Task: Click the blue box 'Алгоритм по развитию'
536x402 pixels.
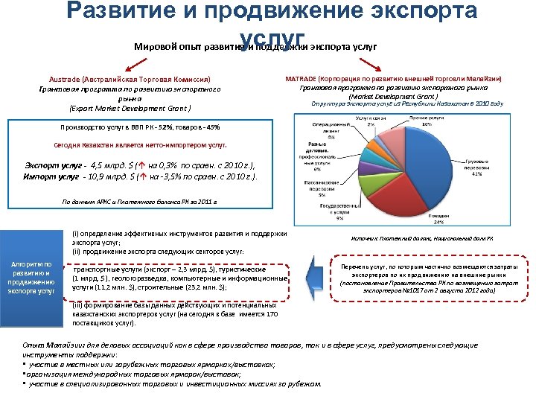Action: coord(31,277)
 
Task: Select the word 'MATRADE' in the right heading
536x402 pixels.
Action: coord(301,78)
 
